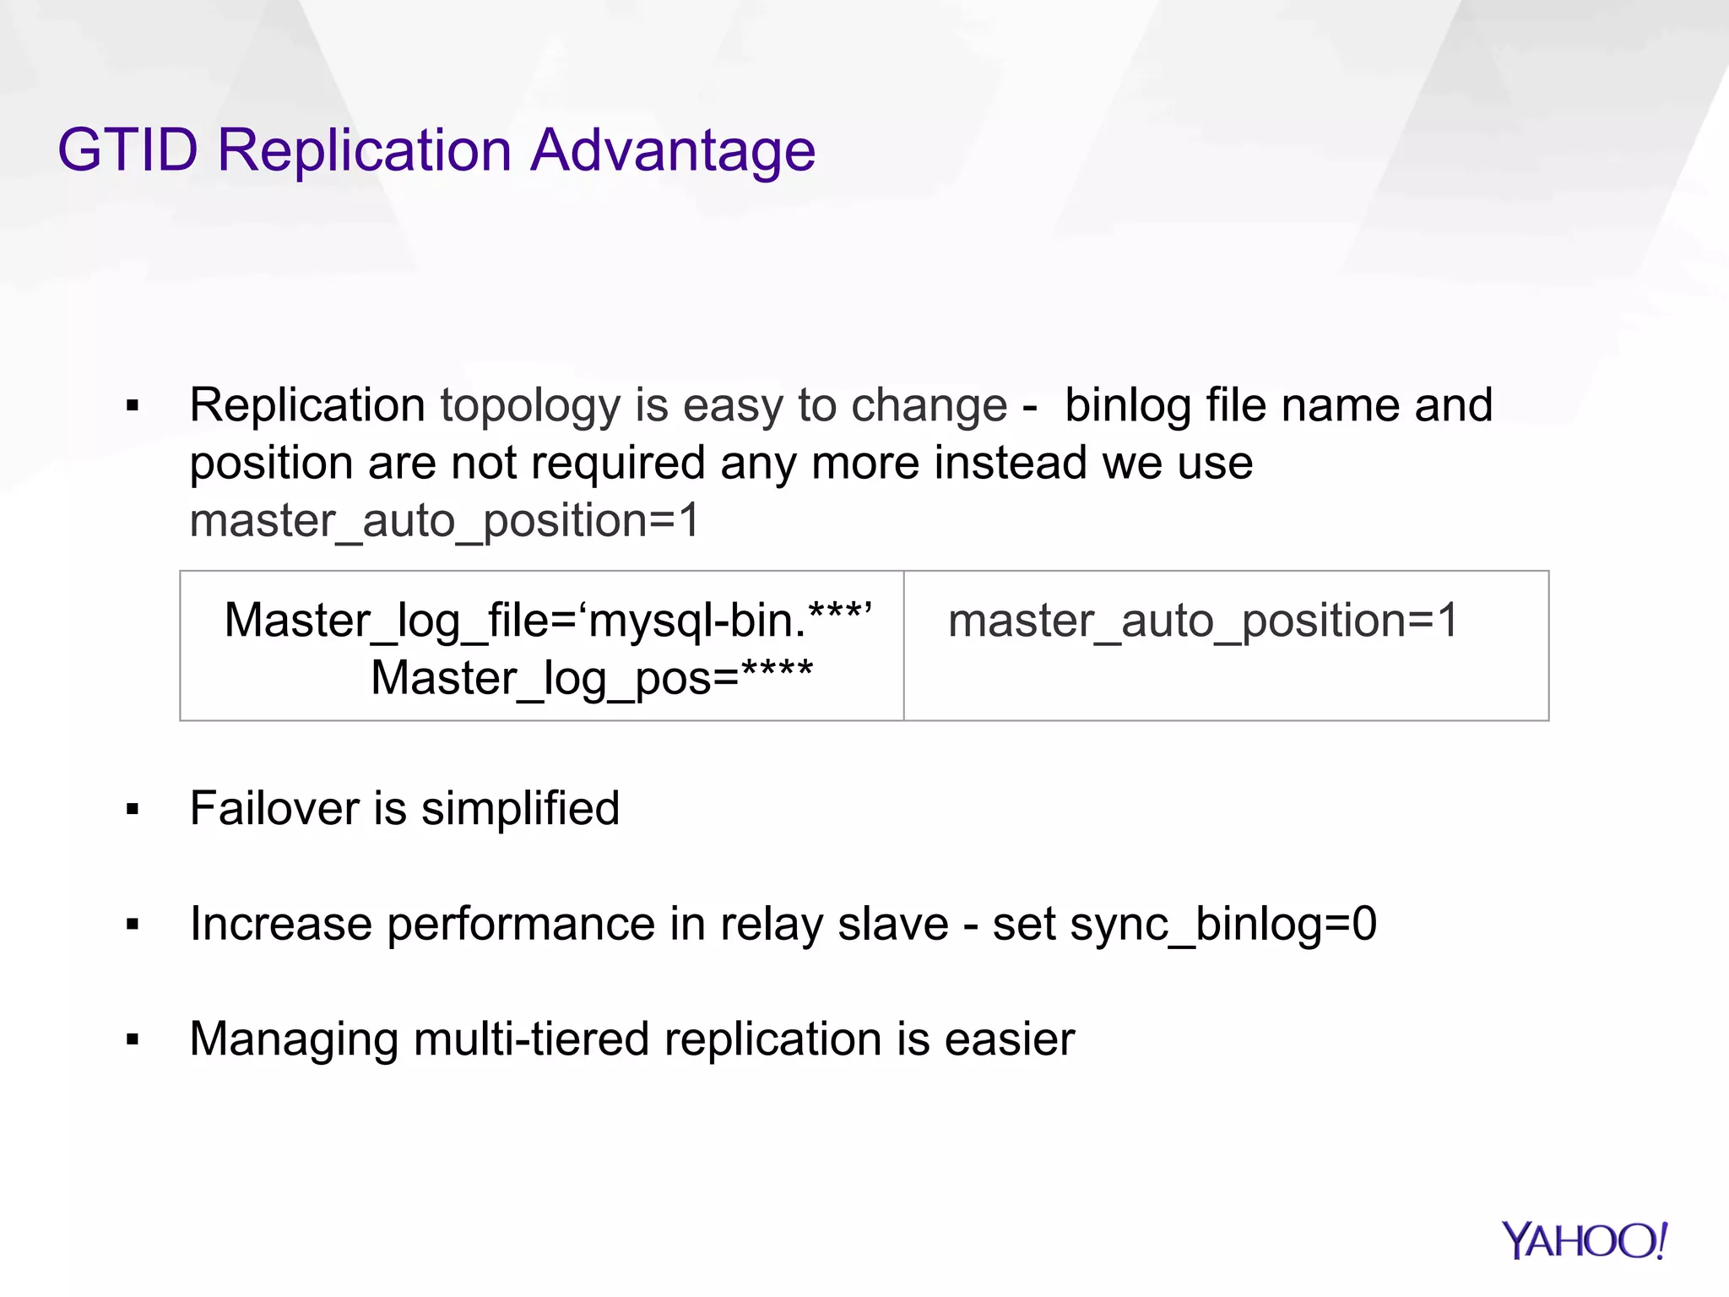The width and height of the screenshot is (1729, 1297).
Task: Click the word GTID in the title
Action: (127, 150)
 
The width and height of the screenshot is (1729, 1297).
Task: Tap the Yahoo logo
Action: (1584, 1240)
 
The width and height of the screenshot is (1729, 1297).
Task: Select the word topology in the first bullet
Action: (530, 407)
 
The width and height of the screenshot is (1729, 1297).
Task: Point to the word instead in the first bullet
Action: (1010, 463)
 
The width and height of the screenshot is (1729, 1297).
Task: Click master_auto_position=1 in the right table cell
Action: (1203, 621)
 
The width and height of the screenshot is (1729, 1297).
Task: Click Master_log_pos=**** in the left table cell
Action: (592, 678)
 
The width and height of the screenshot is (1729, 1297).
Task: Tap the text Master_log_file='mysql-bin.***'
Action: (548, 621)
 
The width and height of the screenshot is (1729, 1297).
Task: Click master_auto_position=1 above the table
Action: (445, 520)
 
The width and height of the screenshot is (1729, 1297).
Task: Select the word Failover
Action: (274, 808)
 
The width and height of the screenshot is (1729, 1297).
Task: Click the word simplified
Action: (520, 808)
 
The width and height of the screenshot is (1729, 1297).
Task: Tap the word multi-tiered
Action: (531, 1039)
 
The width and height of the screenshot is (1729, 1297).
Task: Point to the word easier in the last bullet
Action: (1009, 1039)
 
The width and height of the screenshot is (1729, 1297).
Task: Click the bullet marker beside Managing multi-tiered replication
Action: (132, 1040)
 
